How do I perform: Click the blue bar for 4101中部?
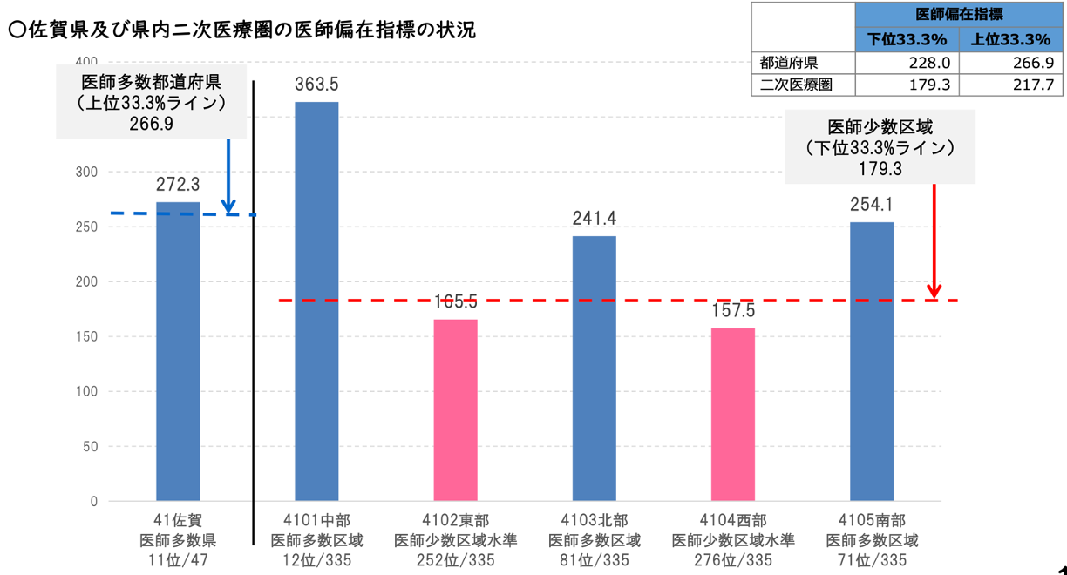(x=316, y=301)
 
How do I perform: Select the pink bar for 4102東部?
(x=455, y=409)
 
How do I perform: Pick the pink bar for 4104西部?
(x=732, y=414)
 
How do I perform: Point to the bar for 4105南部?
(x=872, y=362)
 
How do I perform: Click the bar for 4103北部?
(x=594, y=368)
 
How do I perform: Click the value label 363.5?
(x=316, y=85)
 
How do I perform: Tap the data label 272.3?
(x=178, y=185)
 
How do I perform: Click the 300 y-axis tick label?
(x=87, y=172)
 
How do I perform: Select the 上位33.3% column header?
(x=1011, y=39)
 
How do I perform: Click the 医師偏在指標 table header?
(x=959, y=15)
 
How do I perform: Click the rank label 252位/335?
(x=455, y=560)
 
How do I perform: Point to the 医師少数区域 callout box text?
(x=879, y=126)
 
